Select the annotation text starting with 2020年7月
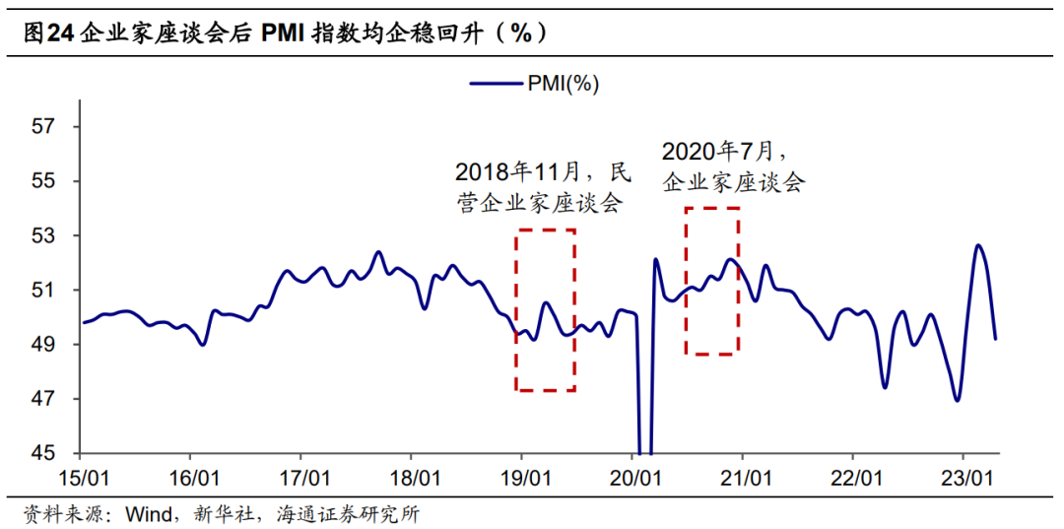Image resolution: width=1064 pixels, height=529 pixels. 733,166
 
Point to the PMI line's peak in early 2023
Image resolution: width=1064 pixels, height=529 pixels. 977,245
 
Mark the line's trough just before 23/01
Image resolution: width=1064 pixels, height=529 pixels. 957,400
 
